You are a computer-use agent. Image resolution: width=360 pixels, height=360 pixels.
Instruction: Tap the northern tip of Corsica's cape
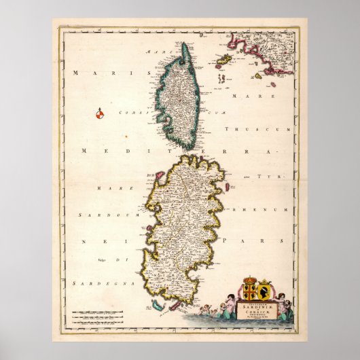pos(184,45)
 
